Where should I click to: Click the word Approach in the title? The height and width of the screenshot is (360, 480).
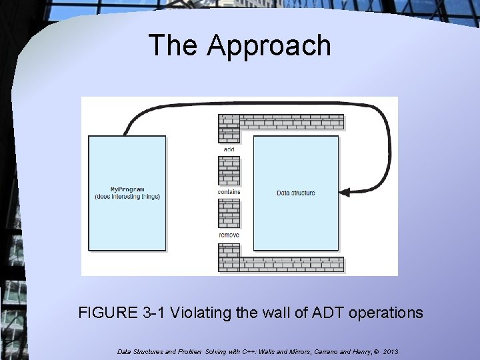(269, 46)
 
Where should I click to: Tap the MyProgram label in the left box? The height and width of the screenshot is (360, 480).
(127, 189)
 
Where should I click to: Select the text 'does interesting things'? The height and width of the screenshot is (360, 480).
(127, 197)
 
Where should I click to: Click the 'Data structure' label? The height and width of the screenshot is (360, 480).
(296, 193)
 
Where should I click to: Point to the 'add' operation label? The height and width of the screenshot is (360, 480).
(229, 149)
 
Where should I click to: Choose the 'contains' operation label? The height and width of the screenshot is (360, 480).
(229, 192)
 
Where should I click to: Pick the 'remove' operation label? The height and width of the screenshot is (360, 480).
(229, 235)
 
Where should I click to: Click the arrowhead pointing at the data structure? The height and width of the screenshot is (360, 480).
(345, 193)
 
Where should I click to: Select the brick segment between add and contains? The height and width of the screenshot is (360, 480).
(229, 171)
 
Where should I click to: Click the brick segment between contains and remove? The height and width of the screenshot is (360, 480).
(229, 214)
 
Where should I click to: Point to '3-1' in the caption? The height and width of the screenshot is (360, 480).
(153, 312)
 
